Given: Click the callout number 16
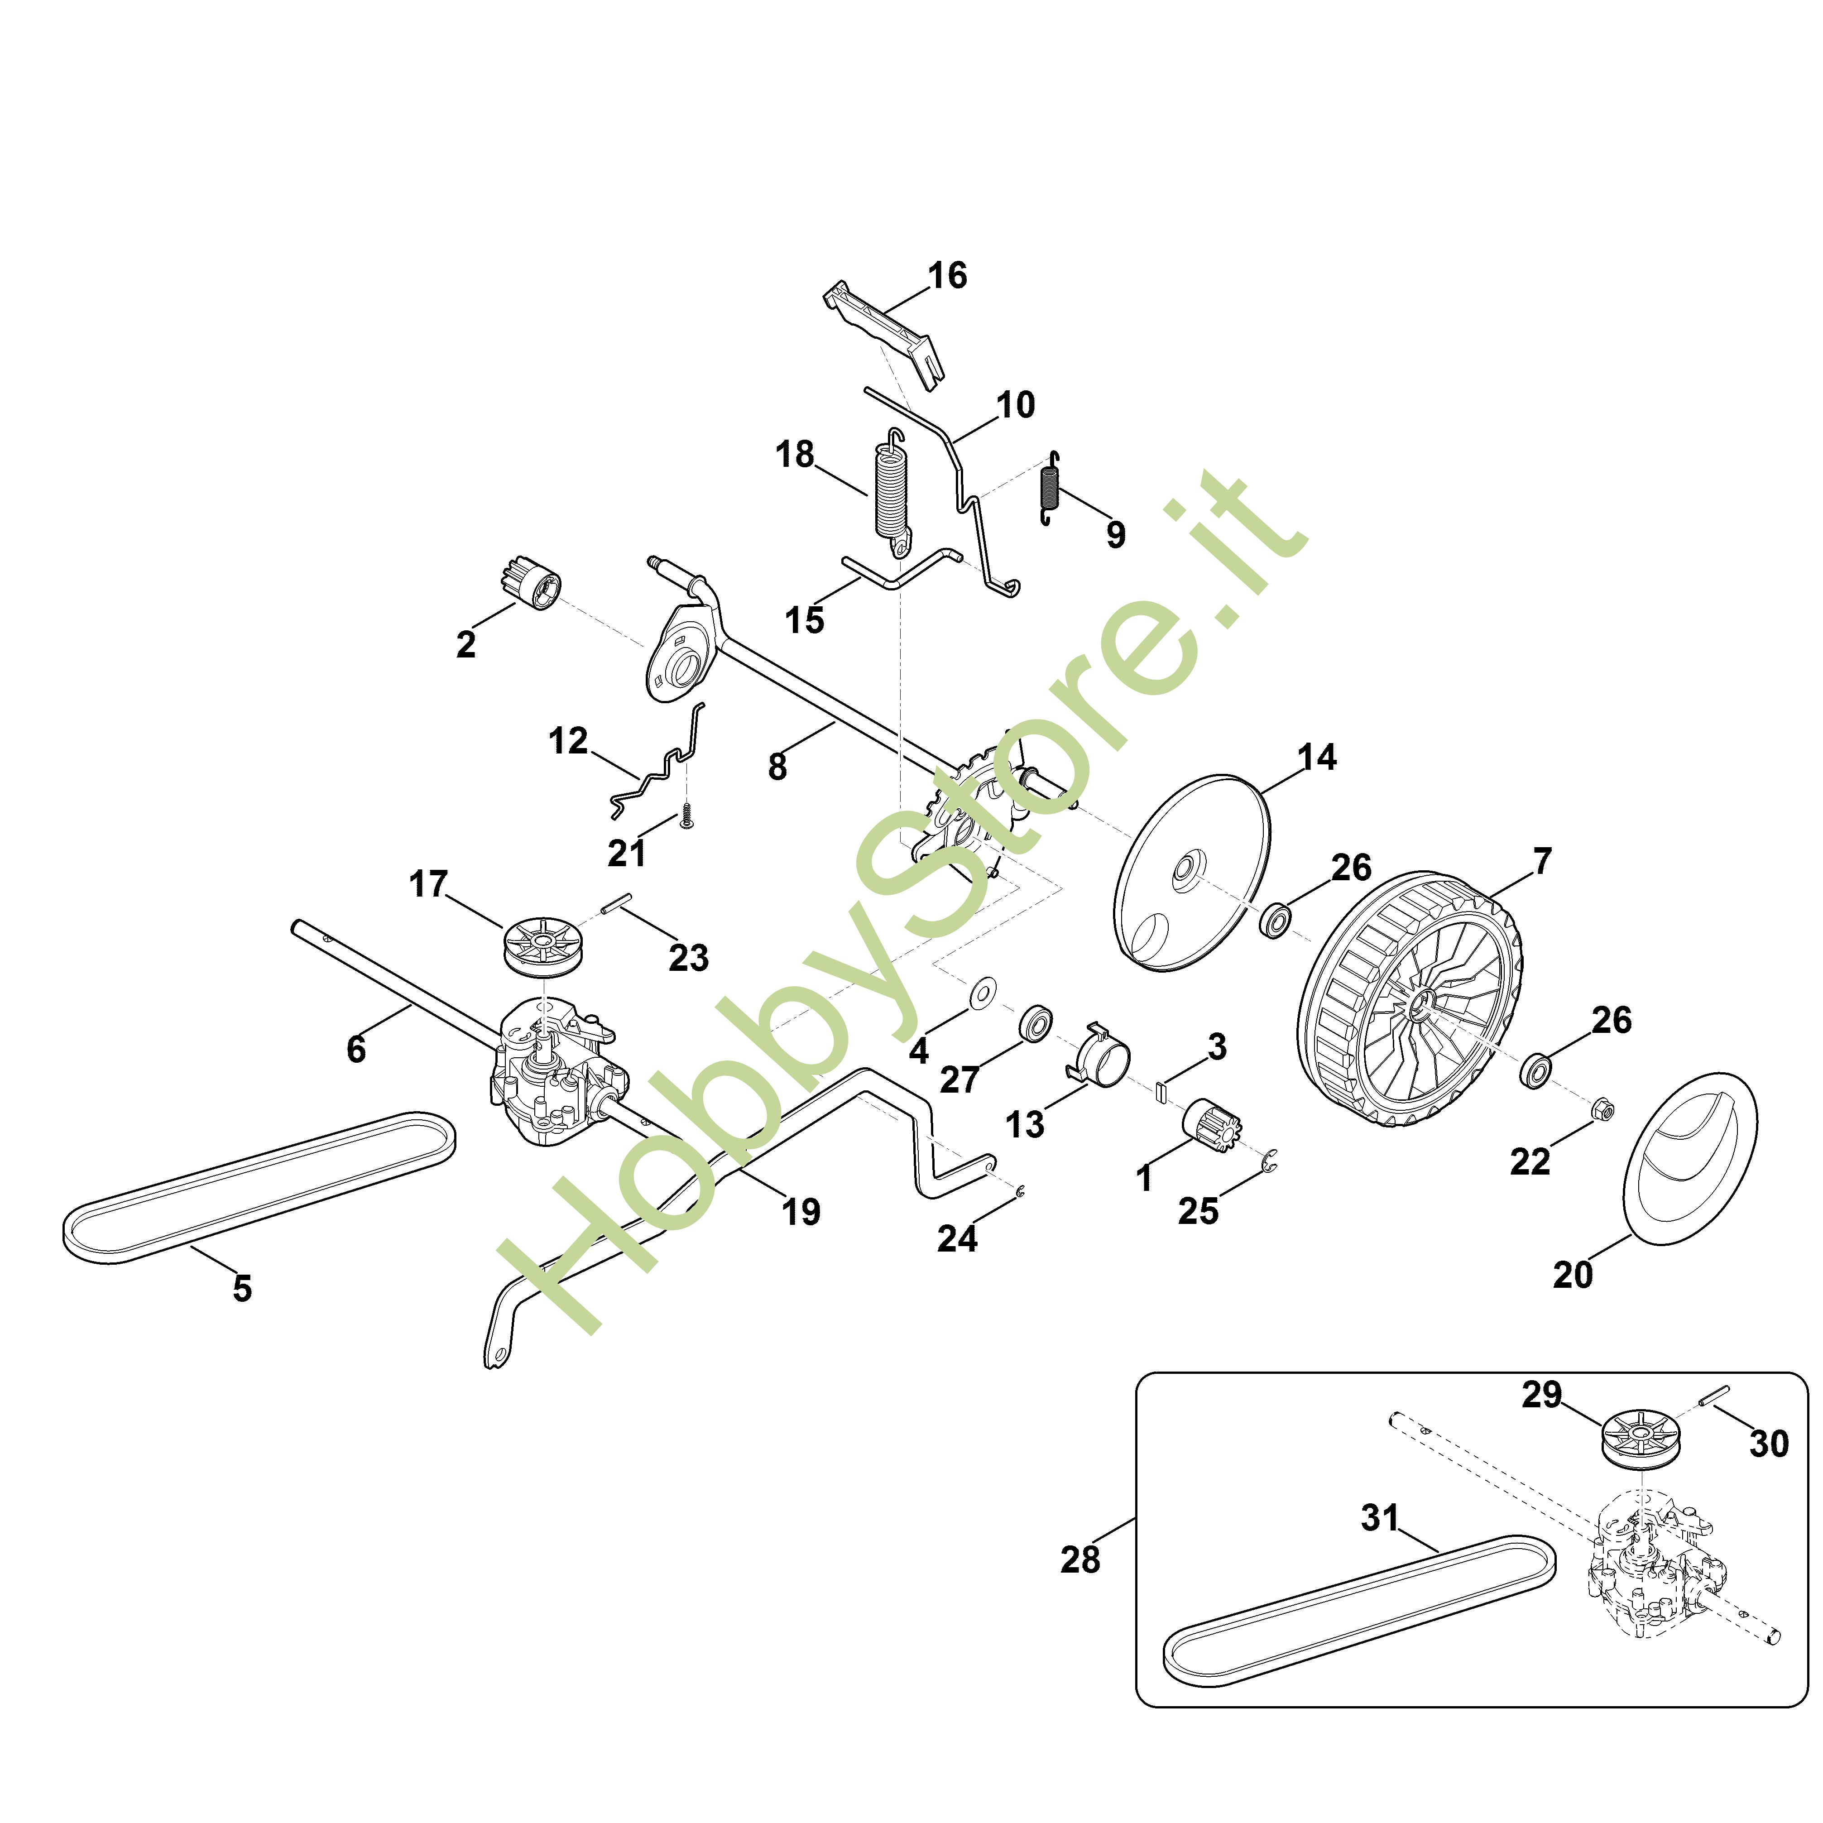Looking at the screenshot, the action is (x=947, y=275).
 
